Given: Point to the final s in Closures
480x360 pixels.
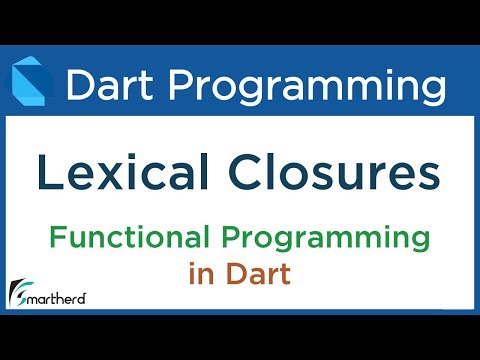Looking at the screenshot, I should click(x=426, y=178).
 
